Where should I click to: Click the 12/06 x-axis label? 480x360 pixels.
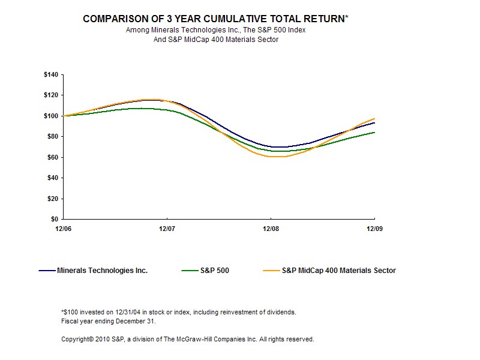click(63, 229)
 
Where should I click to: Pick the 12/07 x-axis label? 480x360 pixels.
click(167, 229)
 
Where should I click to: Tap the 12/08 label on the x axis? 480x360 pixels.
click(271, 229)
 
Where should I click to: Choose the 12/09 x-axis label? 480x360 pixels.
click(374, 229)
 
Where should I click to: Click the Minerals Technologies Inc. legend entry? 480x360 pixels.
click(102, 271)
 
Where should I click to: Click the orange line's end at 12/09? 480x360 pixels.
click(374, 119)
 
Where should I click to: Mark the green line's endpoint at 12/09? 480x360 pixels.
click(374, 132)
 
